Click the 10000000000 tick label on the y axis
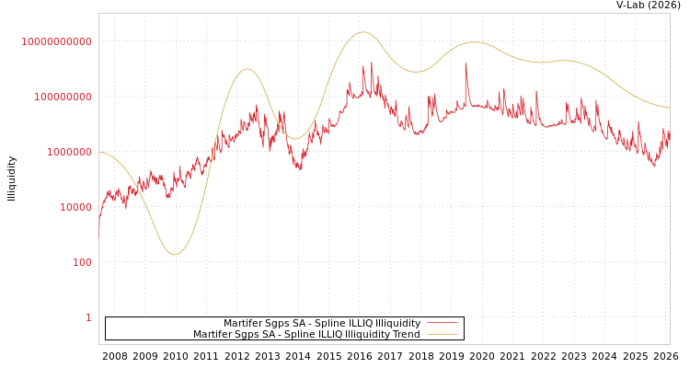click(x=56, y=41)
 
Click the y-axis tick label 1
click(x=88, y=317)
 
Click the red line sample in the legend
click(x=442, y=323)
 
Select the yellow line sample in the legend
click(x=442, y=334)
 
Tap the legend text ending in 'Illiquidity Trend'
click(x=306, y=334)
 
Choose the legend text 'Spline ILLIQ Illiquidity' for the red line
click(x=322, y=323)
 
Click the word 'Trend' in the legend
click(x=406, y=334)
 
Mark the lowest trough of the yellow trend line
click(x=175, y=254)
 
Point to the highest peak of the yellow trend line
click(x=363, y=32)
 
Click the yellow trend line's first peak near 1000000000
click(x=247, y=69)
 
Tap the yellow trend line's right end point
click(x=669, y=108)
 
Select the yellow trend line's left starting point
click(x=99, y=152)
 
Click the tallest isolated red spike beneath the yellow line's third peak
click(x=466, y=64)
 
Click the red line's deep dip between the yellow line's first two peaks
click(x=300, y=168)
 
